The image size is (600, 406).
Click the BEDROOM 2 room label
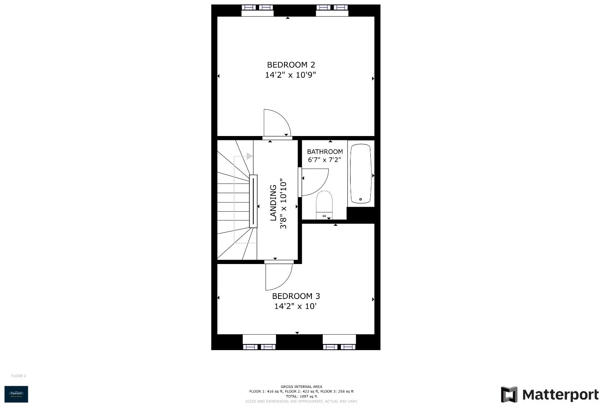click(x=291, y=65)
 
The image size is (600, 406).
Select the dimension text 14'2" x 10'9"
click(x=290, y=75)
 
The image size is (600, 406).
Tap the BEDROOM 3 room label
click(x=296, y=296)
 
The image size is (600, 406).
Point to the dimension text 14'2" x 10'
click(x=295, y=306)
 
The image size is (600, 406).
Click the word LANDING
click(x=273, y=202)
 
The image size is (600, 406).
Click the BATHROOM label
click(x=325, y=152)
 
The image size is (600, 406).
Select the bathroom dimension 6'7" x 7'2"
click(x=324, y=160)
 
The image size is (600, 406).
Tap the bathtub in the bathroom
click(x=360, y=173)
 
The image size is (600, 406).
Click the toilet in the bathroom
click(x=324, y=203)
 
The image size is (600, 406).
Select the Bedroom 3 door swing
click(x=278, y=276)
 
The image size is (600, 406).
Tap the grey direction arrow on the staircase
click(x=249, y=156)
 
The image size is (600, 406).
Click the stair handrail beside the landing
click(x=253, y=201)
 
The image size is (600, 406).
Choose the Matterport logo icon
click(x=509, y=394)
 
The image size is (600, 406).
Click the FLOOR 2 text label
click(x=19, y=376)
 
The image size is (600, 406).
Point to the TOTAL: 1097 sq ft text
click(x=301, y=396)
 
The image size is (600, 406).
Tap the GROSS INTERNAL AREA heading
click(x=301, y=387)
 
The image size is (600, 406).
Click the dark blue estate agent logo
click(x=16, y=394)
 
